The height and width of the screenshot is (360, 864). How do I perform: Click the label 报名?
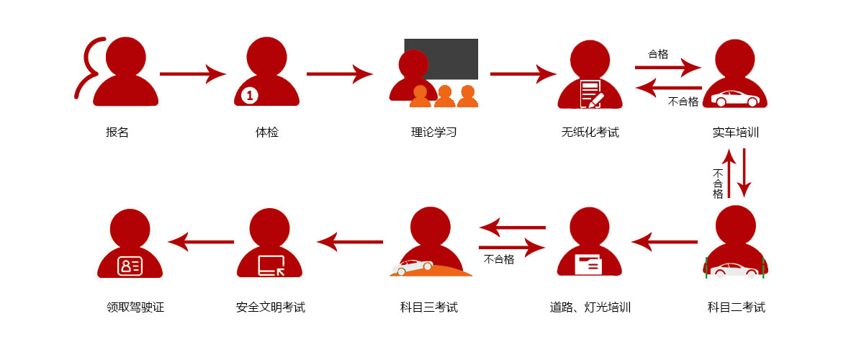click(x=117, y=132)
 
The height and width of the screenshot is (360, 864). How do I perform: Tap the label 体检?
click(x=266, y=132)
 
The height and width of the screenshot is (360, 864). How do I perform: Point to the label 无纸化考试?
click(x=590, y=132)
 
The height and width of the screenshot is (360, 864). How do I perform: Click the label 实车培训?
click(x=736, y=132)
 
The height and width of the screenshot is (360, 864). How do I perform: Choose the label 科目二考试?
click(x=736, y=307)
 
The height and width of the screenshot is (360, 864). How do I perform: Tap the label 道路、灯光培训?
click(x=590, y=307)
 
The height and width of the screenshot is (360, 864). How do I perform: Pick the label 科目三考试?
click(x=429, y=307)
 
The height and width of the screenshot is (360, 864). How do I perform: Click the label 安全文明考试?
click(x=271, y=307)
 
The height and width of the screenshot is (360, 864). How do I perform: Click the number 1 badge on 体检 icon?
click(x=249, y=95)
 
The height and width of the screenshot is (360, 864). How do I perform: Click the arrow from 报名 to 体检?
click(x=192, y=73)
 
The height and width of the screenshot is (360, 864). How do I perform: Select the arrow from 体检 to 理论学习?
click(x=339, y=73)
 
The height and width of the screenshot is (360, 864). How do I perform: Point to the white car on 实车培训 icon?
click(x=735, y=99)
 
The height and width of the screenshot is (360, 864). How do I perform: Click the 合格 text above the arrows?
click(x=658, y=54)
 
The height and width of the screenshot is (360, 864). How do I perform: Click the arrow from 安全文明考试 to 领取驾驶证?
click(x=201, y=241)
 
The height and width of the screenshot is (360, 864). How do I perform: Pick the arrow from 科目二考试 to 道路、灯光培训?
click(x=665, y=241)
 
